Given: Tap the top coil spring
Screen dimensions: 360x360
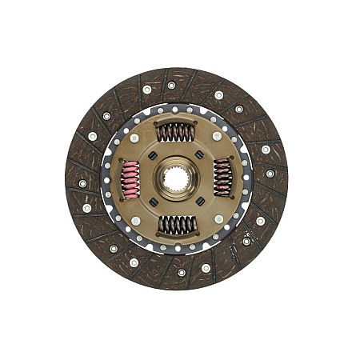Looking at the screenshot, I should [175, 132].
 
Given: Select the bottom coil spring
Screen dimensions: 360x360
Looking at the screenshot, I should [176, 225].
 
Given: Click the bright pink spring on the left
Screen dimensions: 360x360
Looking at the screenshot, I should [130, 178].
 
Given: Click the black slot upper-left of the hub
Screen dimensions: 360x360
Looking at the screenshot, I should [153, 158].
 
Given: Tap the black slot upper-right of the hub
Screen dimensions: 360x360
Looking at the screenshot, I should [198, 156].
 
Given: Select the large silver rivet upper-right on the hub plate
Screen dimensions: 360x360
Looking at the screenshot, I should [217, 136].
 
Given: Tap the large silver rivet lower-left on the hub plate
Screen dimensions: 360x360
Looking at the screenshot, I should [135, 220].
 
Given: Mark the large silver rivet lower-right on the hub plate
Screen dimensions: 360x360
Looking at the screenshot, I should [218, 218].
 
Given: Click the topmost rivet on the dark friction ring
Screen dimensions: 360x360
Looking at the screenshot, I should [171, 85].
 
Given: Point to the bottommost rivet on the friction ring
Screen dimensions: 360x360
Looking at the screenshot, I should [182, 272].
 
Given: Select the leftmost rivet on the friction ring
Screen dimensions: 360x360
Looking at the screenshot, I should [82, 183].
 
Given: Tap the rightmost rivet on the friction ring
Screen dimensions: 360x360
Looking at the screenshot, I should [270, 173].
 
